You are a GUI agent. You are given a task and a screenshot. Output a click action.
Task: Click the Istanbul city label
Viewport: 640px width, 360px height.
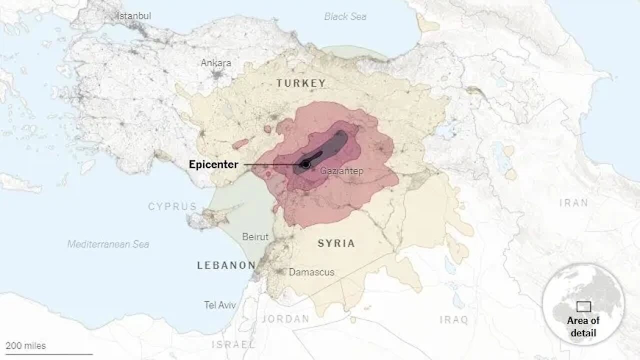[x=133, y=16]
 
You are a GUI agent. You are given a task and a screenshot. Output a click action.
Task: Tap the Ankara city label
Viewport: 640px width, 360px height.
[x=216, y=63]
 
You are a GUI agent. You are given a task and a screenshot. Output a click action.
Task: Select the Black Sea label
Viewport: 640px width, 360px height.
[x=345, y=16]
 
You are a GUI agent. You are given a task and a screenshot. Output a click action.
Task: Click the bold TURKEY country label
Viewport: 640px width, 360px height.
[x=301, y=83]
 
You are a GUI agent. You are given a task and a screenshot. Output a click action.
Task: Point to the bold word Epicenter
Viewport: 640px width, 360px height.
[x=213, y=164]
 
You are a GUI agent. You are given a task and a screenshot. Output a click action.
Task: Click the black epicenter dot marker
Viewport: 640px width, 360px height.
[x=305, y=164]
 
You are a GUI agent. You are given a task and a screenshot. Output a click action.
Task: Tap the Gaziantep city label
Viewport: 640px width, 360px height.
[x=341, y=171]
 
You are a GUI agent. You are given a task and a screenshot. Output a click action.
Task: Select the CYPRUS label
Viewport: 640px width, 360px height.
[x=172, y=206]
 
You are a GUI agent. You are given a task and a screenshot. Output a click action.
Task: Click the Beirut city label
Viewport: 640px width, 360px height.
[x=255, y=236]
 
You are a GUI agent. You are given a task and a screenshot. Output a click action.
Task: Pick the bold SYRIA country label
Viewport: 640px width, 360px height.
[x=336, y=243]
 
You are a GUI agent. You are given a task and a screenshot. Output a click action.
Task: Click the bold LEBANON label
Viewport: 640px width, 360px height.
[x=226, y=265]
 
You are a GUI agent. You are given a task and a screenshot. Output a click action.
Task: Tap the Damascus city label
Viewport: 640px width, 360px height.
[x=311, y=272]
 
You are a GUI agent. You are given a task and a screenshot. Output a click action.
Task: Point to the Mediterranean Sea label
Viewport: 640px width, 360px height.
[x=108, y=244]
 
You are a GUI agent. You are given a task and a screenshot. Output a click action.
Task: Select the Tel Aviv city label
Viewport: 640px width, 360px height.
[x=220, y=304]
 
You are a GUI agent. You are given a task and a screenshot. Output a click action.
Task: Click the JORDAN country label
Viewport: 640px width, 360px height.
[x=285, y=319]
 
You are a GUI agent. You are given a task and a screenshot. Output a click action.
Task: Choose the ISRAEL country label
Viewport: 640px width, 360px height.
[x=233, y=344]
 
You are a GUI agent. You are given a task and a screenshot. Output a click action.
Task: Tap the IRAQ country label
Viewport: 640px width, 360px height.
[x=453, y=319]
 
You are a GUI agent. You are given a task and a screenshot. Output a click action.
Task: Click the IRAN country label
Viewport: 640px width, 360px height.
[x=573, y=203]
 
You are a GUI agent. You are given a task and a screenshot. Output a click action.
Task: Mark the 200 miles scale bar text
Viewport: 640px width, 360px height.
[x=25, y=345]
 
